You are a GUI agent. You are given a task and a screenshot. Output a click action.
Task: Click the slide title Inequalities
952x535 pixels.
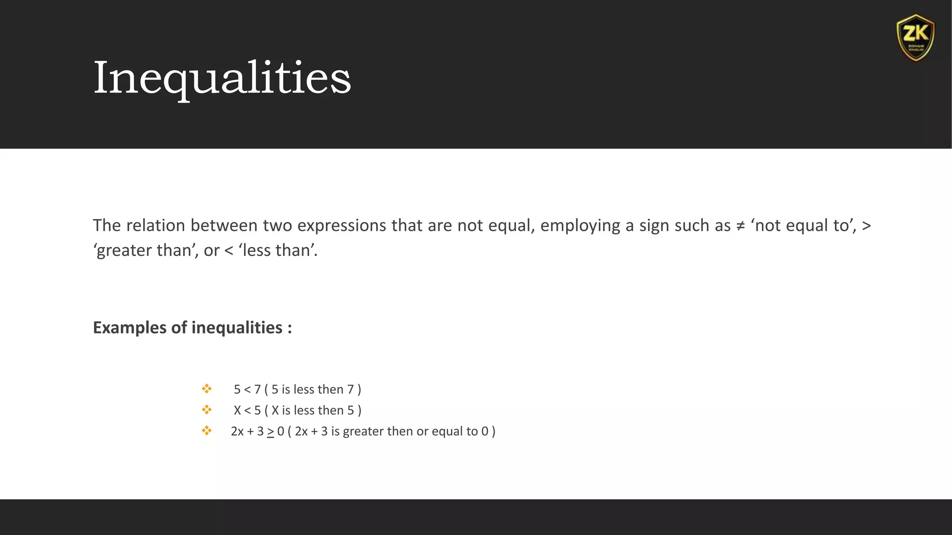[222, 78]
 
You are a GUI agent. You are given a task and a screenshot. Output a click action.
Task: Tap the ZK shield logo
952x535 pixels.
[915, 38]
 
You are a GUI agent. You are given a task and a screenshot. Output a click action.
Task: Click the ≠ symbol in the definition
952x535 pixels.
[740, 226]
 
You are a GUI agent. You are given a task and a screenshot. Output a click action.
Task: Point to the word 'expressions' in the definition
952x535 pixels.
[342, 226]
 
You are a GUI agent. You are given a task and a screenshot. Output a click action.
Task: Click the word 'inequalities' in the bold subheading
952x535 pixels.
[237, 328]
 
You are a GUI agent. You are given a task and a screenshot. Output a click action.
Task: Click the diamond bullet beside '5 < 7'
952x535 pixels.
[207, 389]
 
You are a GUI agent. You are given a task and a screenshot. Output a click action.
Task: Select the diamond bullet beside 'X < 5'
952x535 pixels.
[207, 410]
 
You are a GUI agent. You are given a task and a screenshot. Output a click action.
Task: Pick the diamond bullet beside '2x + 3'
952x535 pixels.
[207, 431]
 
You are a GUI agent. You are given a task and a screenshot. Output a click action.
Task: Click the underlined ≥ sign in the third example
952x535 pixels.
[271, 432]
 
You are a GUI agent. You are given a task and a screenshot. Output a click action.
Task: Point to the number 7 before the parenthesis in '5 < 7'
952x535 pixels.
[257, 389]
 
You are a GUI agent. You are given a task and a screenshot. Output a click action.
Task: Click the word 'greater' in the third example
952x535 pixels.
[363, 431]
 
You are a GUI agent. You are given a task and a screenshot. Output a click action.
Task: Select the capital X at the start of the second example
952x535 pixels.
[238, 411]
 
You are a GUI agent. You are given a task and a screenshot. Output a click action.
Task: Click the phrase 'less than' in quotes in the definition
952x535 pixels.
[278, 250]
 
